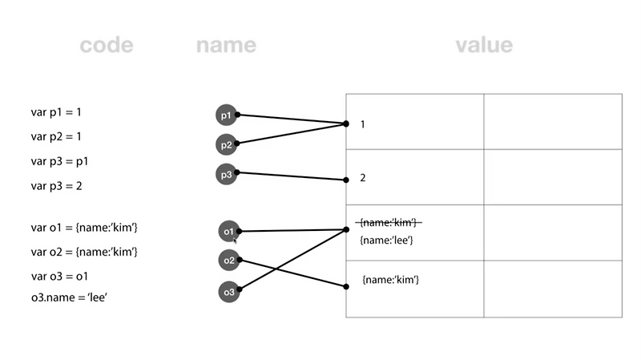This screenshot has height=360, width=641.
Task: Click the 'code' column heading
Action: pos(107,45)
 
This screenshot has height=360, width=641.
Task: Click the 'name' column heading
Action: pos(226,45)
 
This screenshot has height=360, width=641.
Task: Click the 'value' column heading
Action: pos(484,45)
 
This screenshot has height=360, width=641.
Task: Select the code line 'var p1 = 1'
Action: pos(57,112)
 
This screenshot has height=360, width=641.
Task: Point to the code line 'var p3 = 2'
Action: pos(57,185)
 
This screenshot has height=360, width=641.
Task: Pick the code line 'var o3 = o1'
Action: pos(60,276)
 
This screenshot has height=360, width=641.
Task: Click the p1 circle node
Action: pos(227,115)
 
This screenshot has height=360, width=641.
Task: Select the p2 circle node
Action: pos(227,145)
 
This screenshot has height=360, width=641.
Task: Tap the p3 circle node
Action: pos(227,174)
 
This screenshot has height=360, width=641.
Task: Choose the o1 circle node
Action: pos(229,232)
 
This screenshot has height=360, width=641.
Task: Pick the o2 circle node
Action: pos(229,261)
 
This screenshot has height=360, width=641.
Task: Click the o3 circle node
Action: pos(229,293)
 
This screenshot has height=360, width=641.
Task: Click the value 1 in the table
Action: pos(363,124)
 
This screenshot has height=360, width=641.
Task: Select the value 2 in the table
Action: pos(363,178)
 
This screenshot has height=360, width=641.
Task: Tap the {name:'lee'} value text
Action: pos(387,240)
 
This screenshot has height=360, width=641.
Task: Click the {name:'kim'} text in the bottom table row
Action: pos(391,280)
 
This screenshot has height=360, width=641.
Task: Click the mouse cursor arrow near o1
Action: pos(235,240)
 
